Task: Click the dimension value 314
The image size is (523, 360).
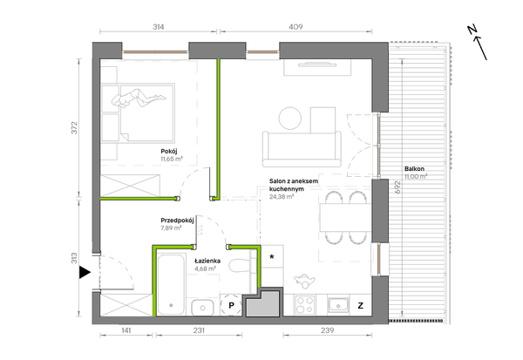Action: coord(159,27)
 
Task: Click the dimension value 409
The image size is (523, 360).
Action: coord(295,27)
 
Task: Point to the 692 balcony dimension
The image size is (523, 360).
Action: coord(397,187)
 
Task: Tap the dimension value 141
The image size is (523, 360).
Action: coord(126,330)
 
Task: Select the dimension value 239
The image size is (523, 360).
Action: coord(327,330)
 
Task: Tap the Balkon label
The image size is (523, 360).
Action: coord(414,169)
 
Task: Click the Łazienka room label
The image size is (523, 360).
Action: coord(207,261)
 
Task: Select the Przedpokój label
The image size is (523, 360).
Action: coord(177,221)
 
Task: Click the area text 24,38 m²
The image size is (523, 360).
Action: coord(282,197)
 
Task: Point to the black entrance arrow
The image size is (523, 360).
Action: coord(85,273)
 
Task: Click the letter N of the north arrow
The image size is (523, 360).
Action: coord(472,30)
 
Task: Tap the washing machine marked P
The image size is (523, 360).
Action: coord(231,305)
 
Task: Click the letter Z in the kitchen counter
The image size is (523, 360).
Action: coord(360,305)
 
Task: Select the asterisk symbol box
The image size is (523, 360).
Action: coord(272,256)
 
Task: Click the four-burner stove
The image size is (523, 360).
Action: coord(305,305)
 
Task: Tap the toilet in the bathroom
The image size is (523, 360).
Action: coord(240,266)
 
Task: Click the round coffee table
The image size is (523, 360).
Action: coord(290,118)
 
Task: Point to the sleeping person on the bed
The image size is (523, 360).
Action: coord(138,98)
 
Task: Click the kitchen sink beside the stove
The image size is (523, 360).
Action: coord(338,305)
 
